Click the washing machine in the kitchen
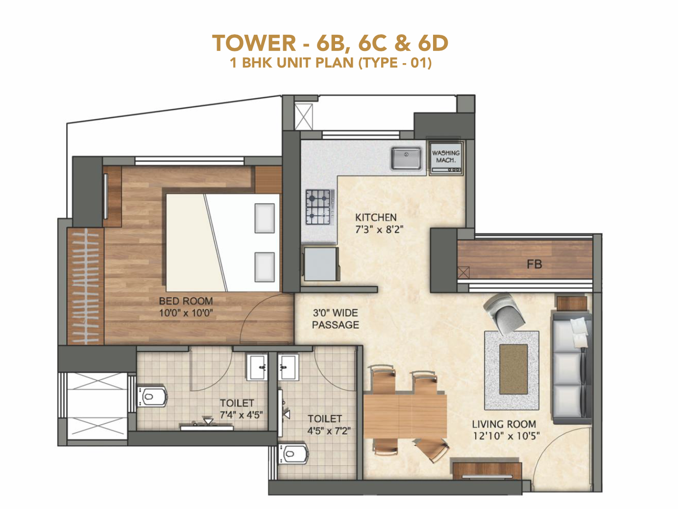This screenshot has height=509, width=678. [445, 157]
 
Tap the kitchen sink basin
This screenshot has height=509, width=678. [406, 158]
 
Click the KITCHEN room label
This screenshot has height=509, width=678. [376, 217]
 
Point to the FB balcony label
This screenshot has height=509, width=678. [534, 265]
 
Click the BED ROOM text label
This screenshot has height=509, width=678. [186, 301]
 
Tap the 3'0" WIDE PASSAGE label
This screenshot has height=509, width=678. [336, 319]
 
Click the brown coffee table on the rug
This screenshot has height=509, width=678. [513, 369]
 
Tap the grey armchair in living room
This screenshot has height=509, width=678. [505, 314]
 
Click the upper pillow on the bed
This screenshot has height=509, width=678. [265, 218]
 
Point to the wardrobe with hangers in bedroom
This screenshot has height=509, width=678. [86, 286]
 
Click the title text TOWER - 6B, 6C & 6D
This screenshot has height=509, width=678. [330, 43]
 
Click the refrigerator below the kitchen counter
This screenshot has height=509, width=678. [321, 264]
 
